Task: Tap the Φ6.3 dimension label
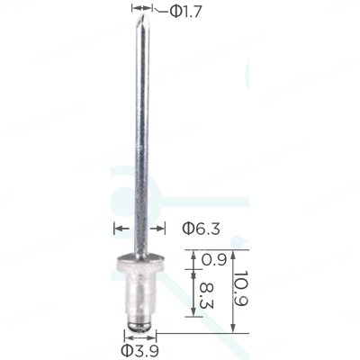tap(202, 229)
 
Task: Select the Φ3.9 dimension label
tap(140, 350)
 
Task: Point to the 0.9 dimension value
tap(213, 259)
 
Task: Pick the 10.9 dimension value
tap(241, 288)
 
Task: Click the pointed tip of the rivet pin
tap(142, 15)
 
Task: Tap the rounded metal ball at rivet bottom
tap(140, 326)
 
